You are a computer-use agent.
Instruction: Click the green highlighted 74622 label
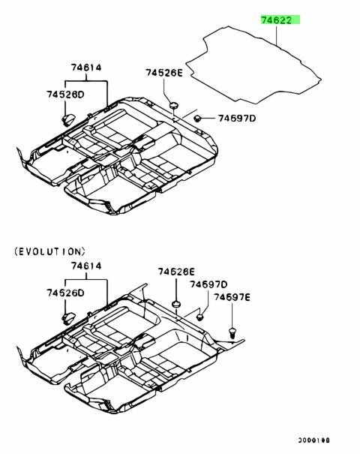coord(280,20)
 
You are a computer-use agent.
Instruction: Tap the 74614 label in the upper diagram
coord(86,68)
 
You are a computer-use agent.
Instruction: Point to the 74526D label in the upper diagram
coord(65,95)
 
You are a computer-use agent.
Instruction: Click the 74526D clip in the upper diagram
coord(68,119)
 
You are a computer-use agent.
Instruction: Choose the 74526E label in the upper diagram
coord(164,73)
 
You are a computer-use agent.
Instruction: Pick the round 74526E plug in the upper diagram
coord(174,105)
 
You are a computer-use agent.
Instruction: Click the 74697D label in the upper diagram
coord(237,118)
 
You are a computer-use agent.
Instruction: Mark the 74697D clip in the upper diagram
coord(198,118)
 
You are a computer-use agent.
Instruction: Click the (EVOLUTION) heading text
coord(49,251)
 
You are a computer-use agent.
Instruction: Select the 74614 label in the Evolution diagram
coord(86,266)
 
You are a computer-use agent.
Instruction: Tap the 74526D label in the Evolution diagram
coord(65,293)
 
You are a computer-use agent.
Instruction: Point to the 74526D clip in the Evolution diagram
coord(68,318)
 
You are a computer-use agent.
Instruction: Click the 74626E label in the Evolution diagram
coord(176,272)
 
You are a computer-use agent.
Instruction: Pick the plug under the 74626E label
coord(176,304)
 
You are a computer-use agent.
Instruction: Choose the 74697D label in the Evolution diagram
coord(208,284)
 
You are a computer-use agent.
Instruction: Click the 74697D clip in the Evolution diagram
coord(199,317)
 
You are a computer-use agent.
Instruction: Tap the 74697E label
coord(232,297)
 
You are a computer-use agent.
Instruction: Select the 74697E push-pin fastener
coord(232,332)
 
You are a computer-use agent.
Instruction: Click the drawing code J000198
coord(314,440)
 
